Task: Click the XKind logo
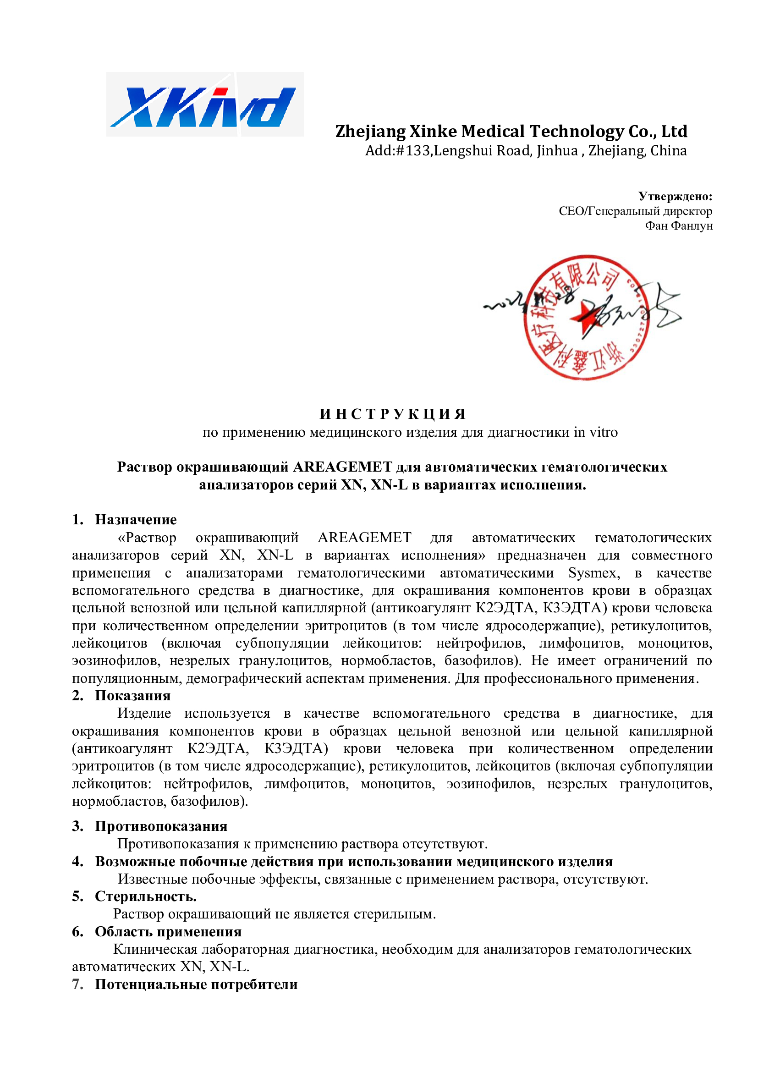(204, 104)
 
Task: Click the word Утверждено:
(675, 196)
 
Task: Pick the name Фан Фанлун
(679, 226)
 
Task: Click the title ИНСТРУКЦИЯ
(393, 414)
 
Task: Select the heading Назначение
(136, 520)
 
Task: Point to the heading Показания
(132, 696)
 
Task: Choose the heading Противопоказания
(161, 826)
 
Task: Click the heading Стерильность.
(146, 896)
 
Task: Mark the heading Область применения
(168, 932)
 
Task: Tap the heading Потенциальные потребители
(196, 984)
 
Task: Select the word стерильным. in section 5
(395, 914)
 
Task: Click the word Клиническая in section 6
(155, 949)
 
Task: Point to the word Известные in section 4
(152, 879)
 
